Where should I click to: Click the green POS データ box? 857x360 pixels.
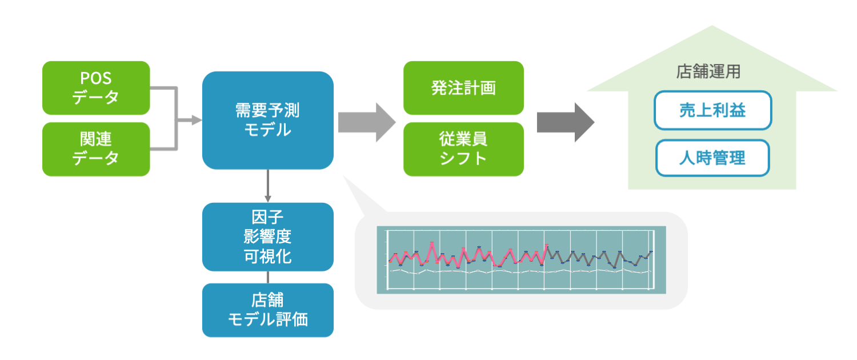point(96,88)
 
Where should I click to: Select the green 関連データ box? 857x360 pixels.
point(96,149)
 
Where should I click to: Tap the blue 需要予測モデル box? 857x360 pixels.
point(268,120)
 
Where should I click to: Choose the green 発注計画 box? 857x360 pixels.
point(463,88)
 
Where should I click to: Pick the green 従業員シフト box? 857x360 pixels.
point(463,149)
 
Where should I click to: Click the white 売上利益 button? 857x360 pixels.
point(713,110)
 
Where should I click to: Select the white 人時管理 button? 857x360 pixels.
point(712,158)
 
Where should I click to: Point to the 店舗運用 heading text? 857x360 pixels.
point(708,71)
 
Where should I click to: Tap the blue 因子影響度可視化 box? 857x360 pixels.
point(268,237)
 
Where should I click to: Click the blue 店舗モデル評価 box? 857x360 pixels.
point(268,310)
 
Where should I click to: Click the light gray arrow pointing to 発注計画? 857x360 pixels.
point(367,122)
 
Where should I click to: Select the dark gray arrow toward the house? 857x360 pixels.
point(566,122)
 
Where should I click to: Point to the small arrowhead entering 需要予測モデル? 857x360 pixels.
point(197,120)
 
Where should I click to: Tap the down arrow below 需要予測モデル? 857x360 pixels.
point(268,186)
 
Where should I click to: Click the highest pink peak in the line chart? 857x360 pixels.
point(432,242)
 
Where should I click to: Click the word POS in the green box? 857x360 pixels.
point(95,78)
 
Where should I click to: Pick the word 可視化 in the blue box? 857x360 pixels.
point(268,257)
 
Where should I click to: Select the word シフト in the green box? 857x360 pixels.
point(463,158)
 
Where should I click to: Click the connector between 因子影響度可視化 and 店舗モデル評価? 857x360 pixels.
point(268,277)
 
